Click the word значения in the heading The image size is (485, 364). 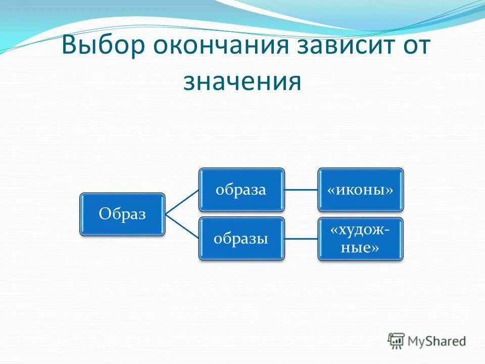click(242, 81)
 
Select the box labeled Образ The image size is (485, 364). click(122, 214)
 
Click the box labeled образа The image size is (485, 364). click(241, 190)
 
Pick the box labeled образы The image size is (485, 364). click(241, 239)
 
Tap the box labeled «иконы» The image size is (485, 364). click(360, 190)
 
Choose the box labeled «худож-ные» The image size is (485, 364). click(360, 239)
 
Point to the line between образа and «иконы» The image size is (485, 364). click(301, 190)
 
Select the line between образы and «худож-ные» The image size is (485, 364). click(301, 239)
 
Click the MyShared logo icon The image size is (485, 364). click(396, 340)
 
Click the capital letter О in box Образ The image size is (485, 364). click(104, 214)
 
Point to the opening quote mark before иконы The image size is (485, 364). click(331, 190)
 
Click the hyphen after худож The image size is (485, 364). click(386, 231)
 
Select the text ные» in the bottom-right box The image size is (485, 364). click(360, 248)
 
